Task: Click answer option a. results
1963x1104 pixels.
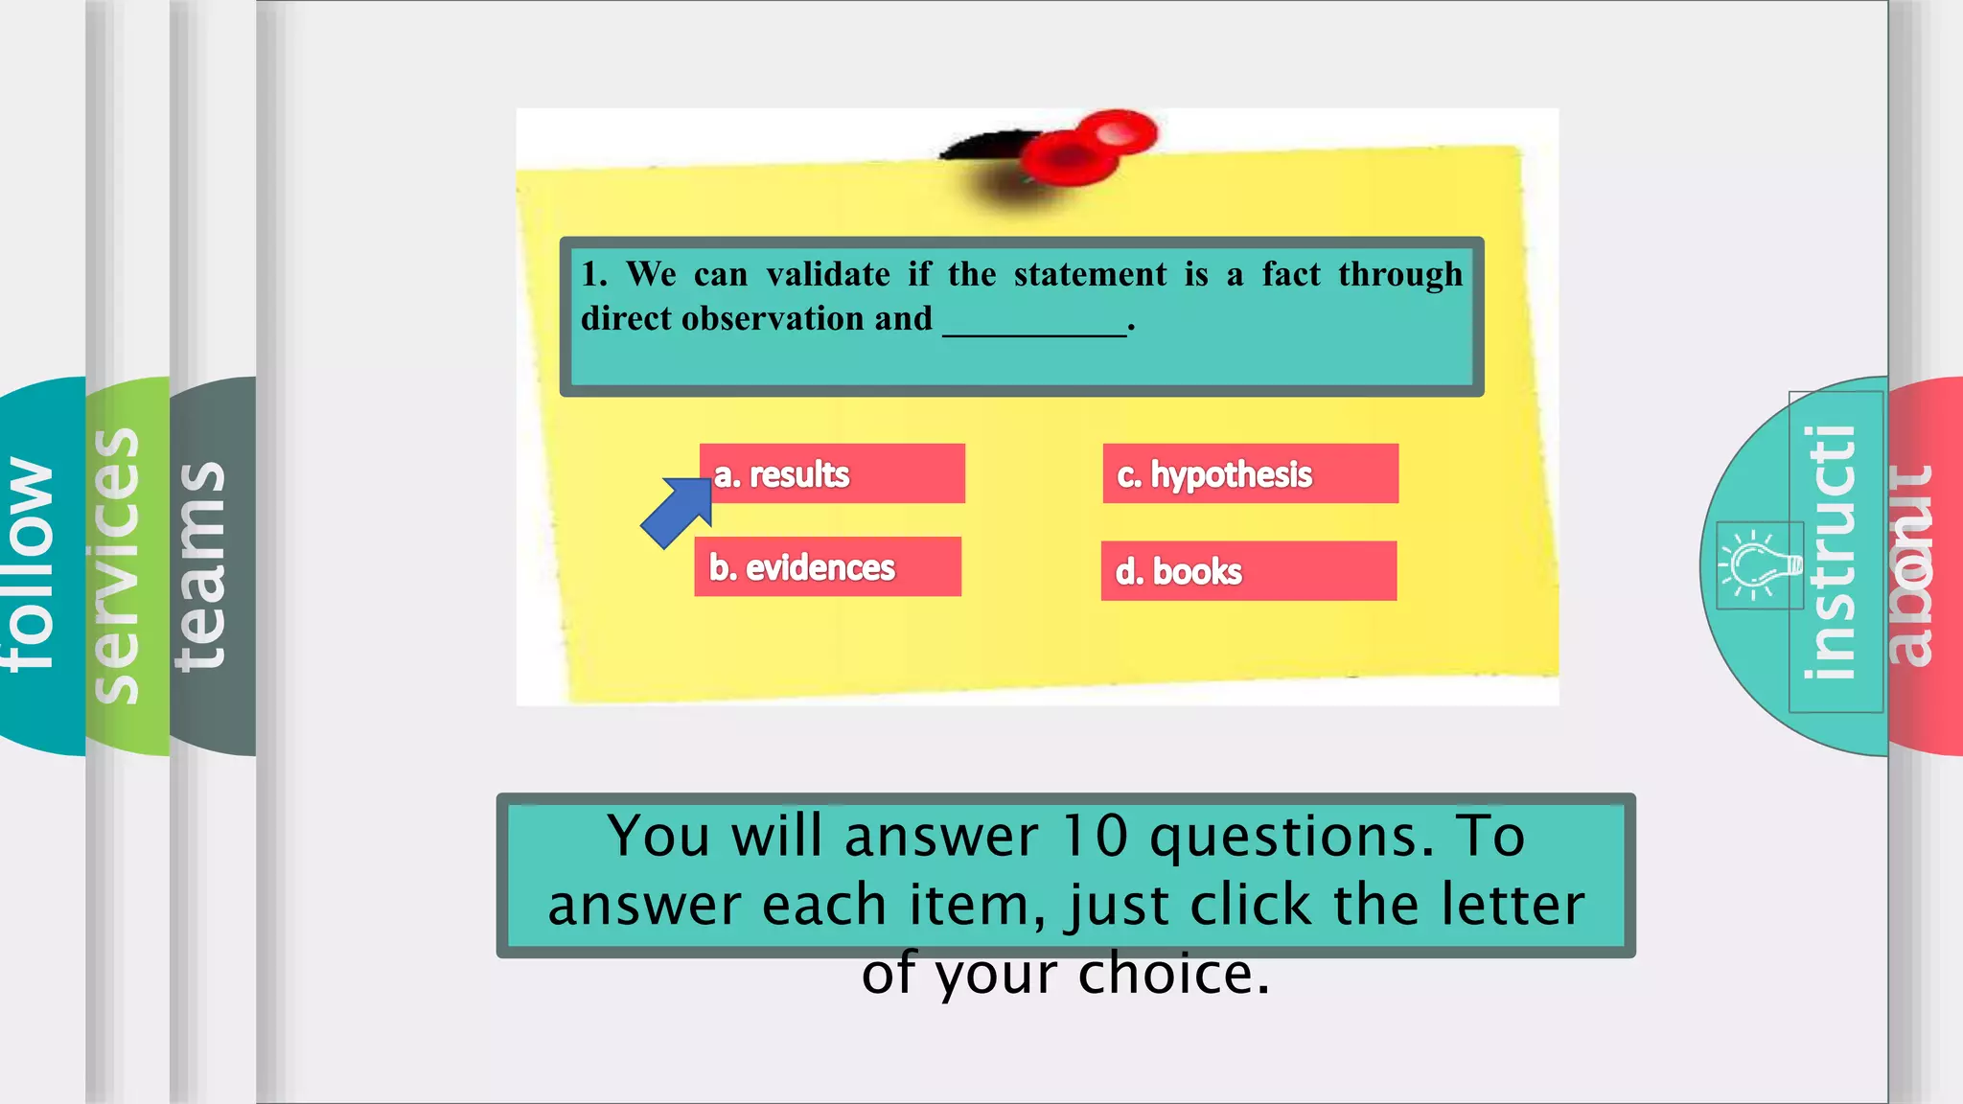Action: (832, 473)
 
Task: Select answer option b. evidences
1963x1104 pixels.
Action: (828, 567)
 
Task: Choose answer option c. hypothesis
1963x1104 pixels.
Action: (1250, 473)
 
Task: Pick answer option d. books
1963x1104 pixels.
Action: (1248, 571)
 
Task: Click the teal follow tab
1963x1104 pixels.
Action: (38, 565)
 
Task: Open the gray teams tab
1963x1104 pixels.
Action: (206, 565)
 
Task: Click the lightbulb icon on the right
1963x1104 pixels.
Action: (1760, 565)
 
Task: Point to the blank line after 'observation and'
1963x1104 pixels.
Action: (1034, 326)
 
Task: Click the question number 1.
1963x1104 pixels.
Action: (593, 275)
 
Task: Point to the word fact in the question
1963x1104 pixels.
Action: (1290, 275)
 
